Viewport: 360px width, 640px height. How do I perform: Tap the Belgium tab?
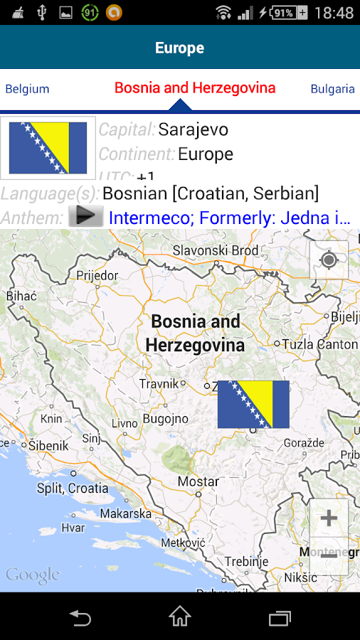(x=27, y=89)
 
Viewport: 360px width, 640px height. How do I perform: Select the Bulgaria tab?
(x=332, y=89)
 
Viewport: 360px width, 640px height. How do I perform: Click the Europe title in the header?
(x=179, y=48)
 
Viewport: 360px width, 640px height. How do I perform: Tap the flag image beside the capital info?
(x=48, y=148)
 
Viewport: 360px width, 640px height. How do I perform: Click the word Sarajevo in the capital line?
(x=193, y=129)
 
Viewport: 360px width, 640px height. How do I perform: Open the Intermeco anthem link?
(x=229, y=218)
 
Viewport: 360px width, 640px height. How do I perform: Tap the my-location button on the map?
(x=329, y=260)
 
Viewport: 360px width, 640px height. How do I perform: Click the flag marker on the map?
(x=253, y=404)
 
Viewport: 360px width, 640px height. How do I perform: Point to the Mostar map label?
(x=198, y=481)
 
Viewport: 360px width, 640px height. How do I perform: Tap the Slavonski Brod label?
(x=216, y=250)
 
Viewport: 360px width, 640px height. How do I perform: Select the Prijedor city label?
(x=97, y=274)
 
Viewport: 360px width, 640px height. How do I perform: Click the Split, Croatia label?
(x=73, y=489)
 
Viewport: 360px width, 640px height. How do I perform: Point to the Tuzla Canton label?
(x=319, y=343)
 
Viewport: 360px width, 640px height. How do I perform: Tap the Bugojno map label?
(x=165, y=419)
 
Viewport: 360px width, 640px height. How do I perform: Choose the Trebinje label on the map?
(x=246, y=561)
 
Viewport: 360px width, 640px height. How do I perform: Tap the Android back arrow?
(x=80, y=617)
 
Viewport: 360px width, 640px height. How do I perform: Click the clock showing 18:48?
(x=333, y=13)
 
